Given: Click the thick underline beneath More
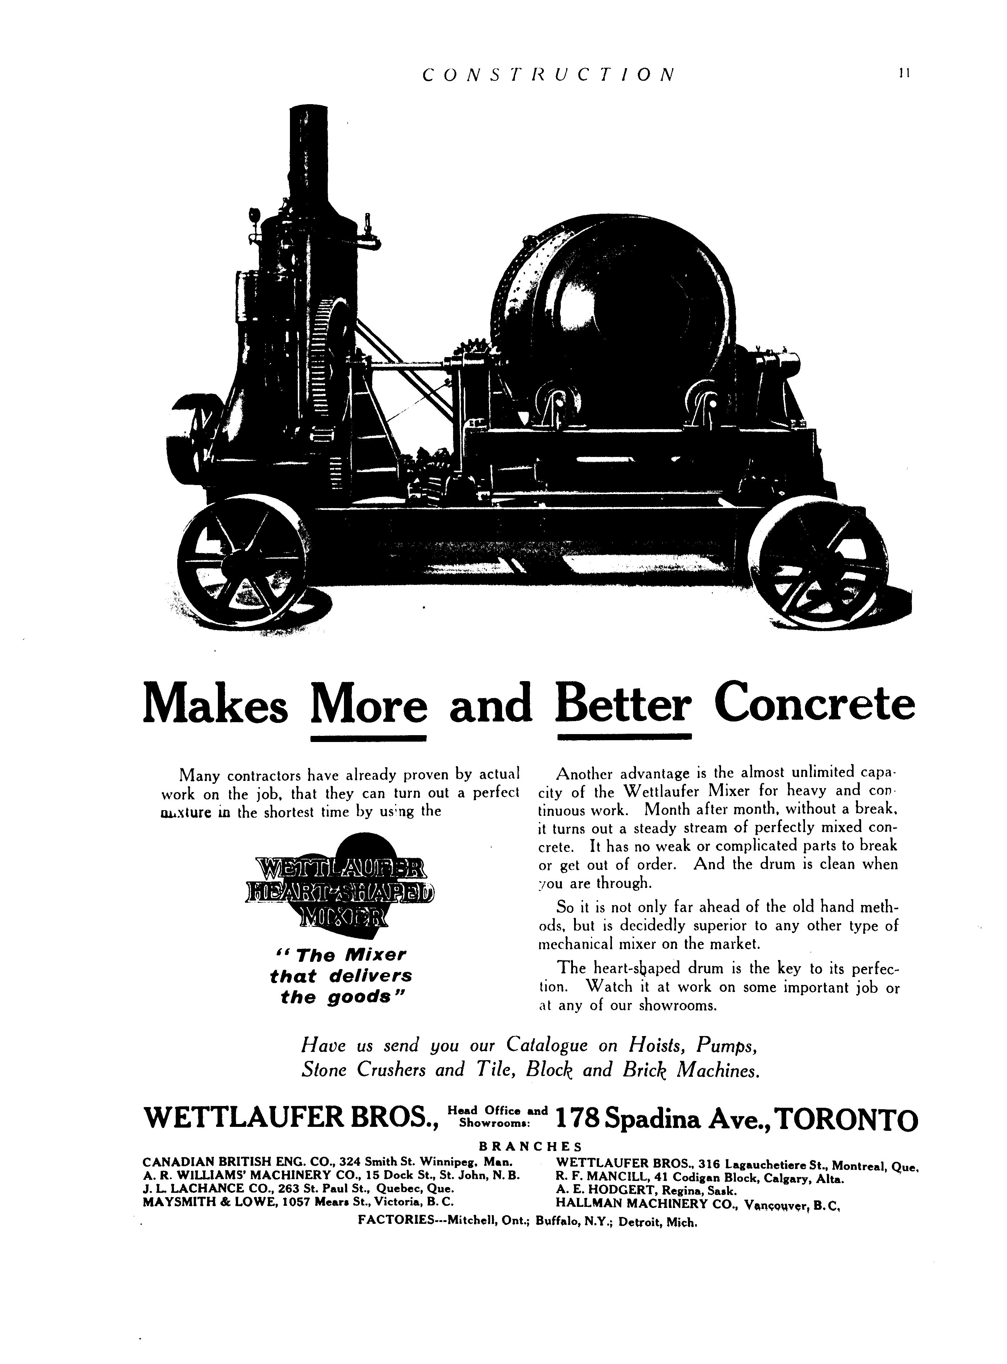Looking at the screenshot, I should pyautogui.click(x=368, y=738).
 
